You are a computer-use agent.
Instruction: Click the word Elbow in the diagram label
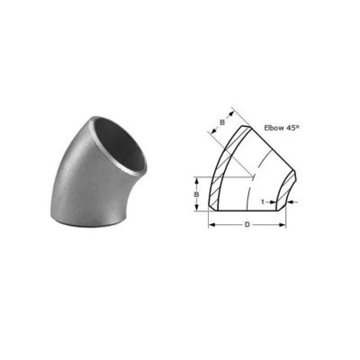tap(272, 129)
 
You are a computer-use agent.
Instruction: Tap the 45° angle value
tap(293, 129)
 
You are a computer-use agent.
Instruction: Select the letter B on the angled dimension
tap(221, 123)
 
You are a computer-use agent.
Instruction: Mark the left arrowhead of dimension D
tap(211, 225)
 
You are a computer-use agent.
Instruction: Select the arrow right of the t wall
tap(292, 202)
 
